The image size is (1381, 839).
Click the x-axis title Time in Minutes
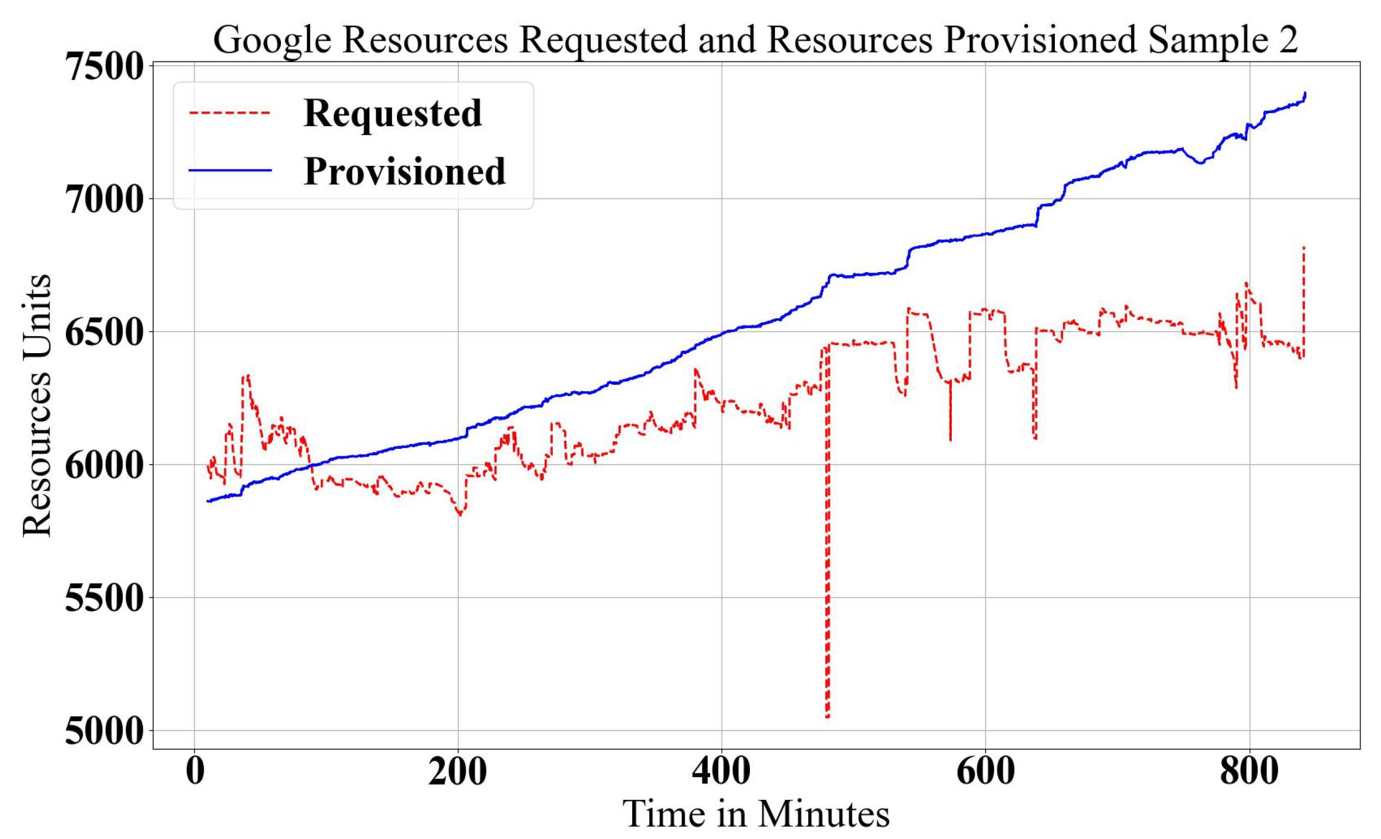point(756,814)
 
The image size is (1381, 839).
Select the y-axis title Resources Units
point(37,405)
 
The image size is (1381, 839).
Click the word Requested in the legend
point(392,114)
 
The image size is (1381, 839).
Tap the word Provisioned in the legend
point(405,171)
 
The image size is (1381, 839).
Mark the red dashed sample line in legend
point(230,113)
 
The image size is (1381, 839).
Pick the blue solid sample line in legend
point(230,170)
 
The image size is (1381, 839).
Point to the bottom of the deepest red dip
point(827,717)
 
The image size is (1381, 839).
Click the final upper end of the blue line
point(1305,93)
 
